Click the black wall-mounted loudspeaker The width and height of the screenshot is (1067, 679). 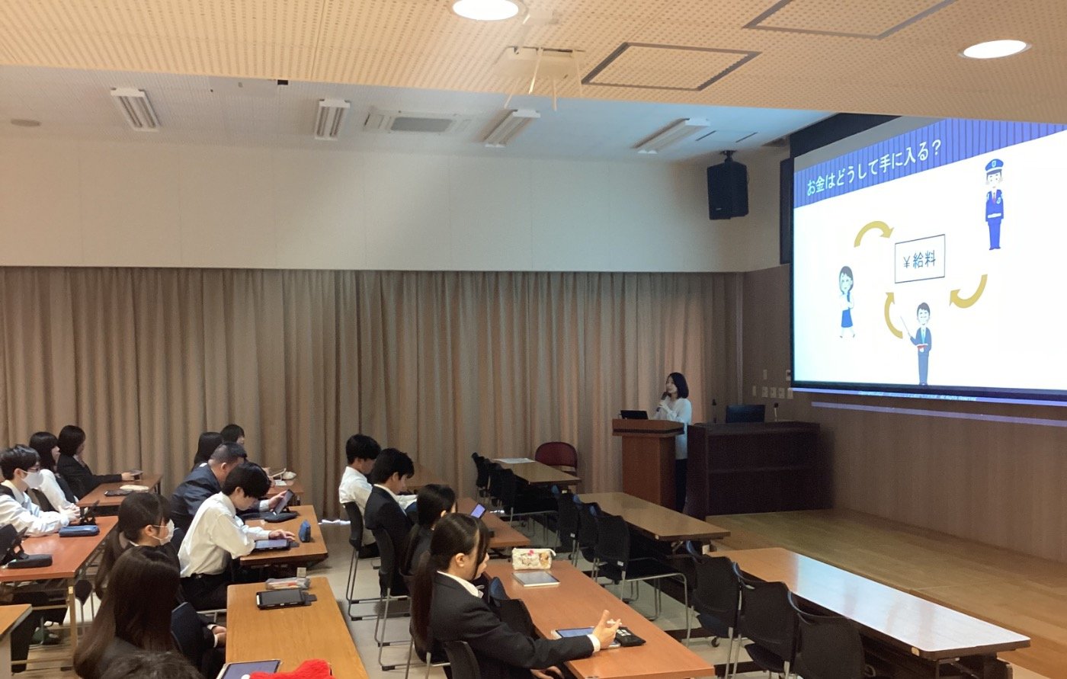point(727,190)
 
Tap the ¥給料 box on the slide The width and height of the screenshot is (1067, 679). point(919,258)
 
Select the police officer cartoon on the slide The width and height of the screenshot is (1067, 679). point(994,203)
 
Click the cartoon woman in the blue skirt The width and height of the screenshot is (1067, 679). point(847,302)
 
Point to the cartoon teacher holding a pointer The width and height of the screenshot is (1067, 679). point(921,343)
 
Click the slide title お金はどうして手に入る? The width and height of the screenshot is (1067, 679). point(872,169)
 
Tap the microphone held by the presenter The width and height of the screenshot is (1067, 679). point(662,402)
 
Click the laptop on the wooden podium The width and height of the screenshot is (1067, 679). point(634,415)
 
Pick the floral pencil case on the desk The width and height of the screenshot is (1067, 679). point(533,559)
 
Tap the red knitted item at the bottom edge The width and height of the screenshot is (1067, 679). point(291,671)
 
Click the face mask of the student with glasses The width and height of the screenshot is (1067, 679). point(33,479)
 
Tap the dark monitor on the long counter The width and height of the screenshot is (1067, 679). point(745,413)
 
